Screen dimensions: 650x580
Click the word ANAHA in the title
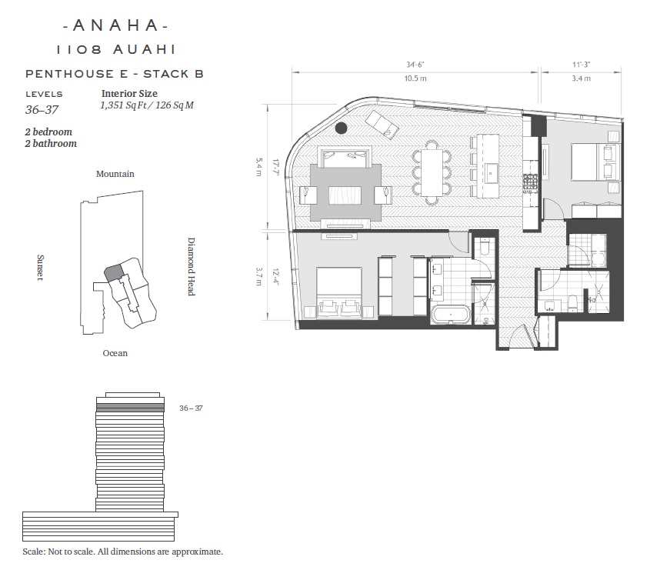point(115,25)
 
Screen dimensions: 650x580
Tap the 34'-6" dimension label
point(415,65)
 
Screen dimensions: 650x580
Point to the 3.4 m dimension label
point(582,78)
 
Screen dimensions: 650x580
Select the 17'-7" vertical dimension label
point(275,166)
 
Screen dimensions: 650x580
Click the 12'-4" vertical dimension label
point(275,276)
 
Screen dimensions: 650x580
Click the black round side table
point(342,128)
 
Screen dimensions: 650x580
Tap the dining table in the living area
point(432,172)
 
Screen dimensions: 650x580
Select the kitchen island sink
point(492,171)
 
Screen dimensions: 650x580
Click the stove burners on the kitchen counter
point(530,183)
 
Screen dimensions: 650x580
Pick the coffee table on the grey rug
point(345,195)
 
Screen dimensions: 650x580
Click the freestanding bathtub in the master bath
point(451,315)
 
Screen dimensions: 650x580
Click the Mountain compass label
point(115,174)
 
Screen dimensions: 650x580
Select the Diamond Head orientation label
point(191,267)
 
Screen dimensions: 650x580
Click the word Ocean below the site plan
point(115,353)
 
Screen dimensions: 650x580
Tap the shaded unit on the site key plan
point(113,272)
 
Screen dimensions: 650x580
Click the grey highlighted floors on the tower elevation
point(130,408)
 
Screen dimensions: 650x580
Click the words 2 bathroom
point(51,143)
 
